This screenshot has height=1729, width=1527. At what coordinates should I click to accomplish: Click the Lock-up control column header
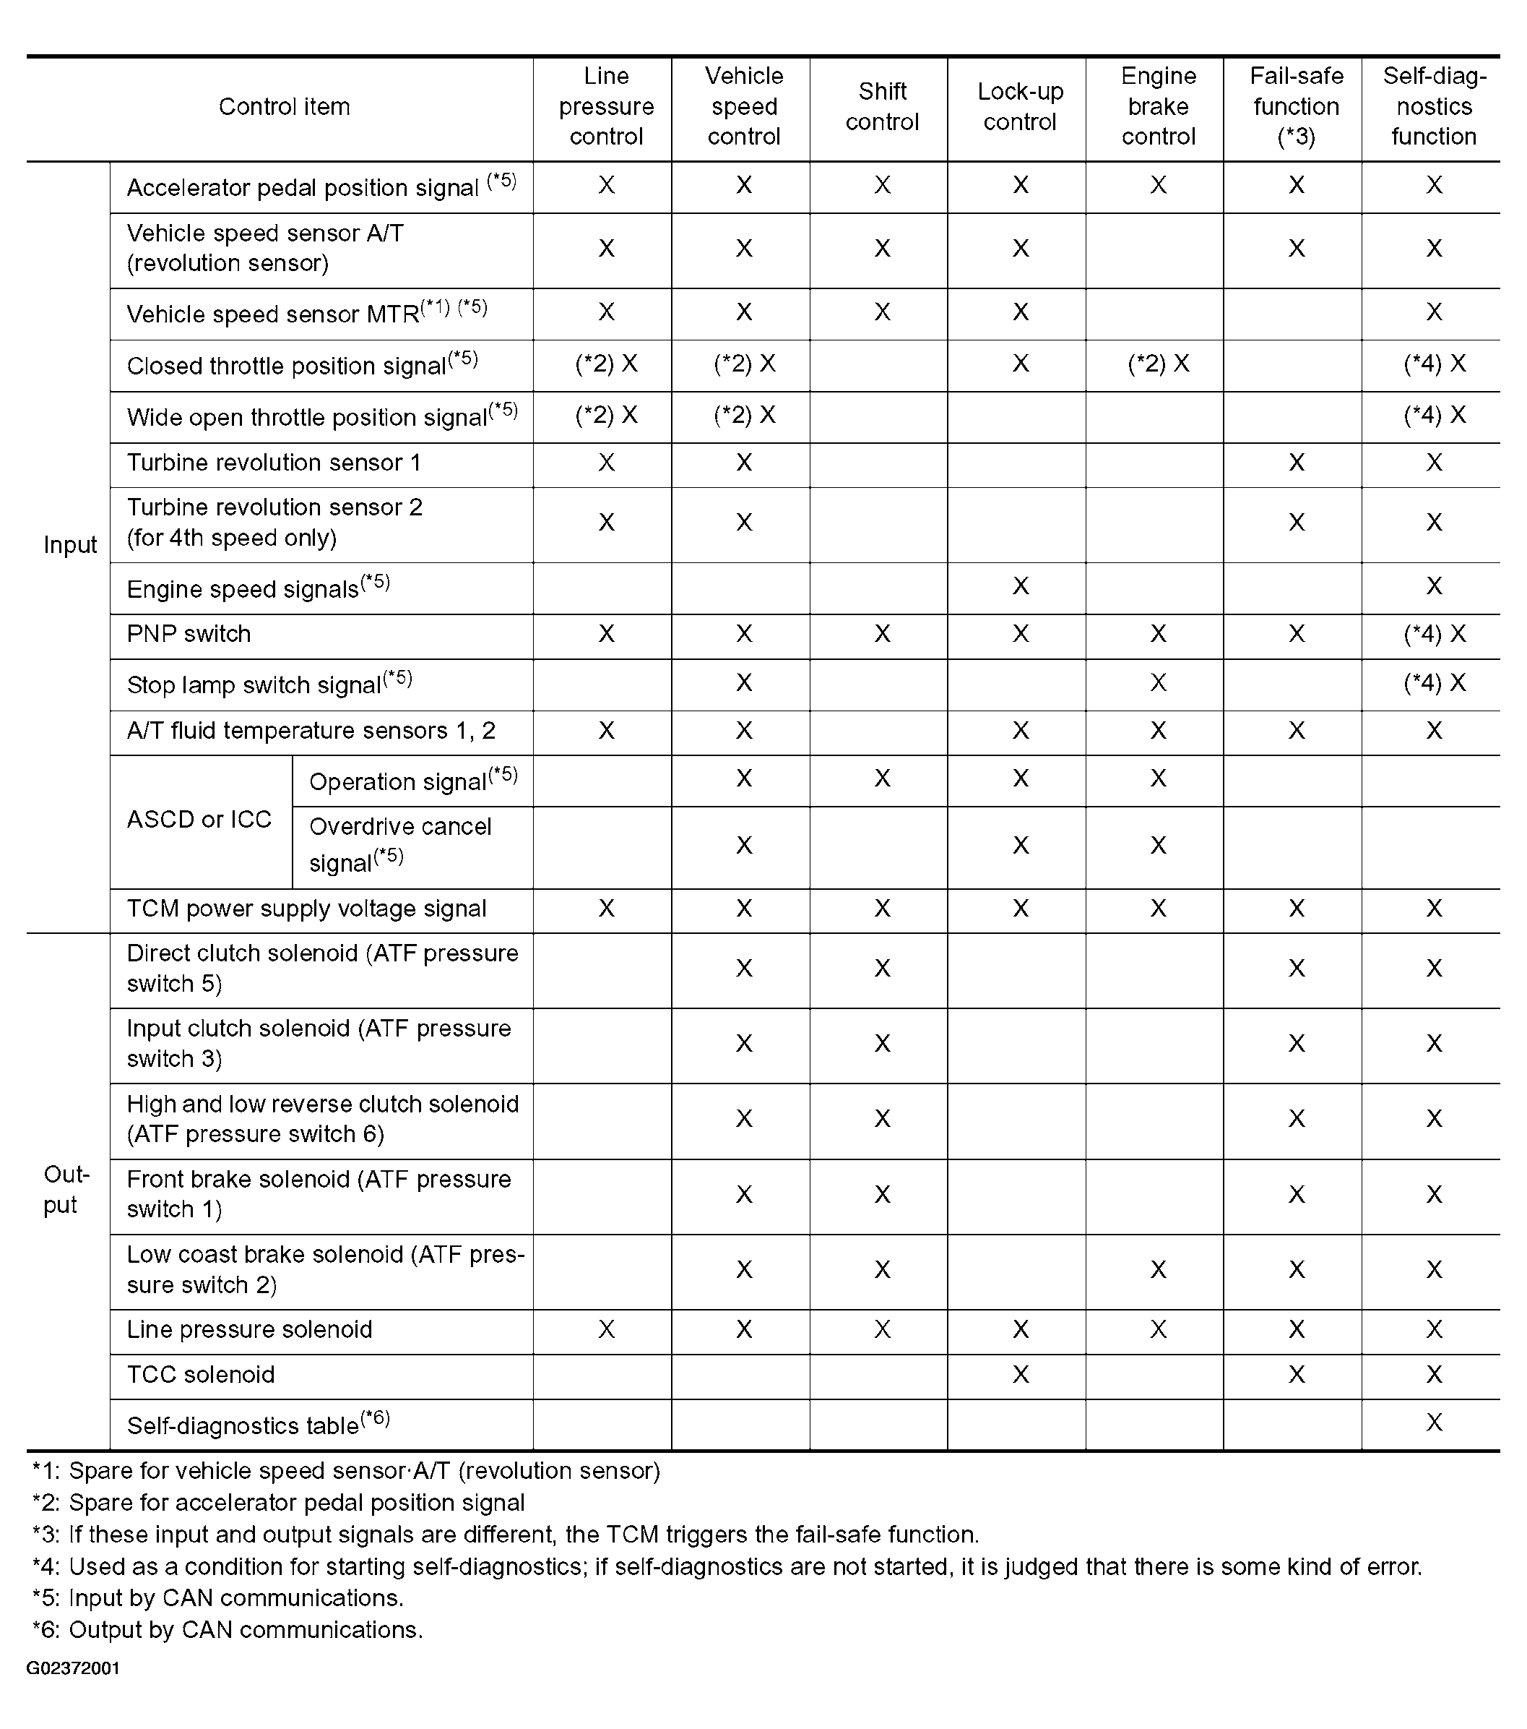point(1020,106)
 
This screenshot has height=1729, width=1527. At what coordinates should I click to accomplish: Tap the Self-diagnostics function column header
point(1433,106)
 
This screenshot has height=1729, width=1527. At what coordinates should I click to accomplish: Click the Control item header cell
point(284,106)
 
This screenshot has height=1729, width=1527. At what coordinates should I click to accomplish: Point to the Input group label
point(70,545)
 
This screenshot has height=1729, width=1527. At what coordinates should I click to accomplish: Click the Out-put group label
point(66,1189)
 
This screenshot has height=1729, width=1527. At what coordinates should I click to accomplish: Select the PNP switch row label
point(189,635)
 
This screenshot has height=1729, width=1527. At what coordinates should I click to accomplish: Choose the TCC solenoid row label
point(200,1375)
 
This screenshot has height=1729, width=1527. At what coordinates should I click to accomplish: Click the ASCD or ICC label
point(199,819)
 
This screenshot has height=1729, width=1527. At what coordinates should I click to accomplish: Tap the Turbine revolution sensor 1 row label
point(273,463)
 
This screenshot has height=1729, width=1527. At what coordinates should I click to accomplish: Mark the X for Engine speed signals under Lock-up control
point(1021,586)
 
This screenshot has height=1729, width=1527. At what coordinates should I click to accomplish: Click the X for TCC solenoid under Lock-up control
point(1021,1375)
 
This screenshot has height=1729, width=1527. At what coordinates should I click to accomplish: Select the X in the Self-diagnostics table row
point(1434,1423)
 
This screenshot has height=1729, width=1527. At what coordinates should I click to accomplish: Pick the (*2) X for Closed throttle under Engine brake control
point(1159,364)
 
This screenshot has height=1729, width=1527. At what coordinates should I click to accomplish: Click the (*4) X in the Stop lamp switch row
point(1434,682)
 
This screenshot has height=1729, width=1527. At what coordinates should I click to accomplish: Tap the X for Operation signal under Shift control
point(882,778)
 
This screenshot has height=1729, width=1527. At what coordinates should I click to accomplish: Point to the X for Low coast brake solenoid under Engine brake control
point(1159,1270)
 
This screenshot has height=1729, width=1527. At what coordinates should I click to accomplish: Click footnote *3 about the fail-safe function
point(506,1535)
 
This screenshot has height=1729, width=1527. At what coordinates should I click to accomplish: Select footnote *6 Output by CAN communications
point(228,1630)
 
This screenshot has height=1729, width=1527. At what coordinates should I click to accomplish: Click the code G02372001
point(73,1668)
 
